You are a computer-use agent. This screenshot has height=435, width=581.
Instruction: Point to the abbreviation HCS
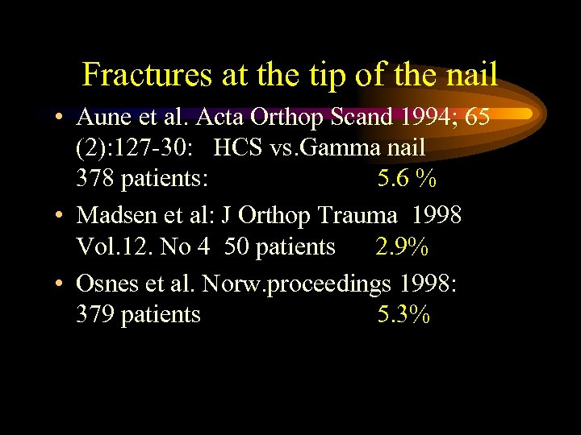click(x=240, y=148)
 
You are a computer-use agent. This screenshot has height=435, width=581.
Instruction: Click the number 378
click(x=95, y=179)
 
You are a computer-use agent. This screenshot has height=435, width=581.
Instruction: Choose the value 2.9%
click(x=402, y=246)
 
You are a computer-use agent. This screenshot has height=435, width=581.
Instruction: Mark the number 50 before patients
click(x=237, y=246)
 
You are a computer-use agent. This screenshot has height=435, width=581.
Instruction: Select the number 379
click(x=95, y=314)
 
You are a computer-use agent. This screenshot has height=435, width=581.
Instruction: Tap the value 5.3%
click(x=403, y=314)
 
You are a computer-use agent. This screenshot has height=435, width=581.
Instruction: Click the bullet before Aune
click(x=61, y=119)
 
